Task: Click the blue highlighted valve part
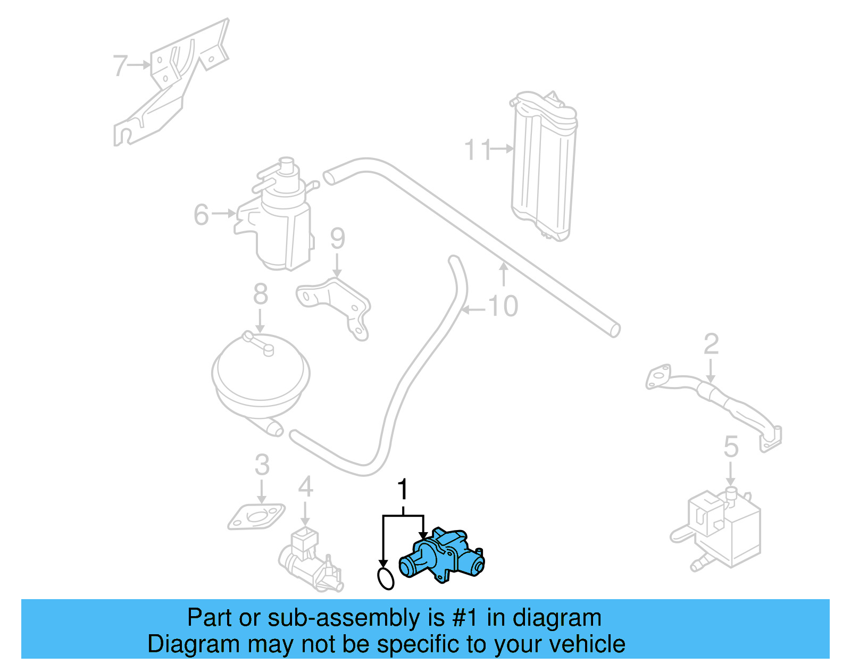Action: [x=444, y=556]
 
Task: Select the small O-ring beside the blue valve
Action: [x=386, y=579]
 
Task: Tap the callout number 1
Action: [x=403, y=489]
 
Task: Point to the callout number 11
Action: [x=478, y=150]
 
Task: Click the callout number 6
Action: [x=201, y=215]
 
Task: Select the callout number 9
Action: [x=337, y=239]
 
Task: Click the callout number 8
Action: [x=260, y=294]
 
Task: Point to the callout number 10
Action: [x=503, y=307]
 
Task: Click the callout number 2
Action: [x=711, y=344]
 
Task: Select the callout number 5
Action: [x=731, y=447]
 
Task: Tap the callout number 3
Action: [x=262, y=465]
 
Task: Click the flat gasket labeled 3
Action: [x=256, y=517]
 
